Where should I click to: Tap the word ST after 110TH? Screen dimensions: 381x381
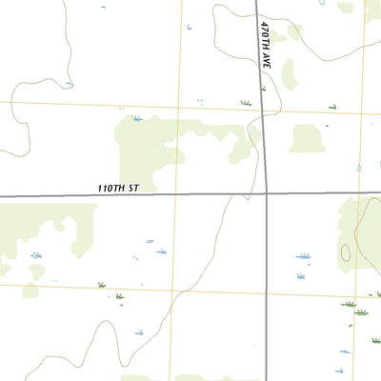pos(134,189)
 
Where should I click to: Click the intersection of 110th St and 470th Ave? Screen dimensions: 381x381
pos(267,194)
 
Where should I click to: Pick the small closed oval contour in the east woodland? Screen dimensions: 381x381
pos(345,252)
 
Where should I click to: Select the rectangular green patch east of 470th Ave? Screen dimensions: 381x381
pos(307,138)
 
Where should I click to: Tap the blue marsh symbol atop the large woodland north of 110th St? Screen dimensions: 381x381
pos(137,119)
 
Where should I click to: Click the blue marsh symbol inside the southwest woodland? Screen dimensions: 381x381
pos(36,255)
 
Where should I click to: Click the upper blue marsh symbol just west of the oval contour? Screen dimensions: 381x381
pos(303,256)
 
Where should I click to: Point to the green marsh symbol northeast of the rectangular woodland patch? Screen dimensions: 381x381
pos(332,107)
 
